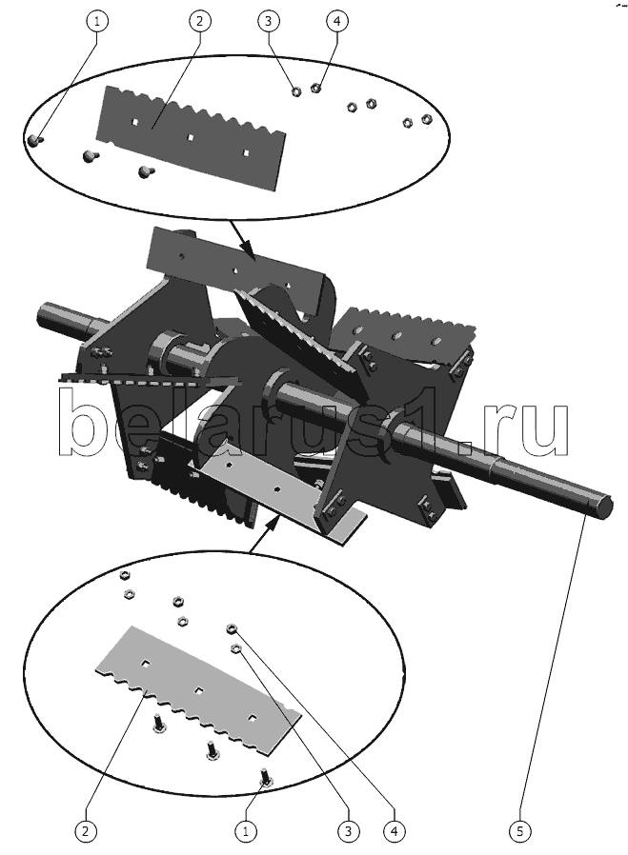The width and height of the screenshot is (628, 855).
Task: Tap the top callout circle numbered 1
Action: [97, 21]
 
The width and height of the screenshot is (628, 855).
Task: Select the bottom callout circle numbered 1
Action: [246, 831]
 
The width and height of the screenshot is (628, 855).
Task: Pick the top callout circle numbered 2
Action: [199, 21]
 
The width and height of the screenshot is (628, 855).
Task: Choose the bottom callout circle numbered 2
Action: [85, 831]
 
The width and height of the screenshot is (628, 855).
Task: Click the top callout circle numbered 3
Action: [268, 21]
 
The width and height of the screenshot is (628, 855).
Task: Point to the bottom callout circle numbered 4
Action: [393, 831]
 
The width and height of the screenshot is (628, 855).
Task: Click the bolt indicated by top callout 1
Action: [34, 140]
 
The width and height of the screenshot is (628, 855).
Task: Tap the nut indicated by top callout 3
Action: [296, 91]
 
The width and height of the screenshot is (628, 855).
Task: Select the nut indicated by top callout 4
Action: [315, 87]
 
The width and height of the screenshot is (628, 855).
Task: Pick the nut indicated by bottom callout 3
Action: [235, 647]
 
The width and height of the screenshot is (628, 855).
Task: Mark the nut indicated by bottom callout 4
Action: [231, 629]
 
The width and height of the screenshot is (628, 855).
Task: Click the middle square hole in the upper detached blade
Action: [190, 137]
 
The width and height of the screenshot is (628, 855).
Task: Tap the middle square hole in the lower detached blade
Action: [200, 690]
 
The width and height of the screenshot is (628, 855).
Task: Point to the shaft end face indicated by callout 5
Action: [604, 506]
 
